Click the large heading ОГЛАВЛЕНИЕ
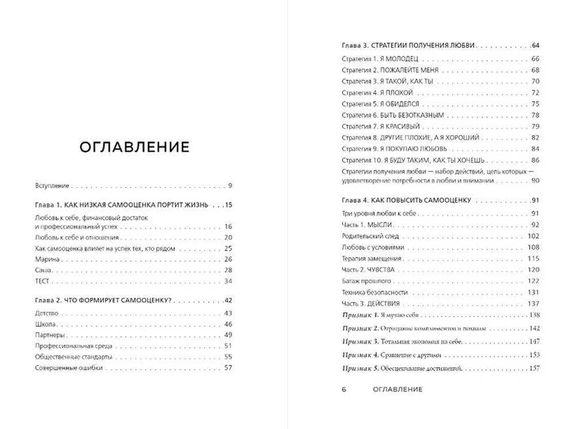point(134,147)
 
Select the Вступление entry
point(52,186)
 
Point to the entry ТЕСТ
point(43,281)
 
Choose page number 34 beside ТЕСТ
point(227,281)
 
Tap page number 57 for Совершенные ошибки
point(227,367)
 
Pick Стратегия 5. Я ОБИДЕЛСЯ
point(380,104)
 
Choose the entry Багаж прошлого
point(367,281)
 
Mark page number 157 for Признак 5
point(534,368)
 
